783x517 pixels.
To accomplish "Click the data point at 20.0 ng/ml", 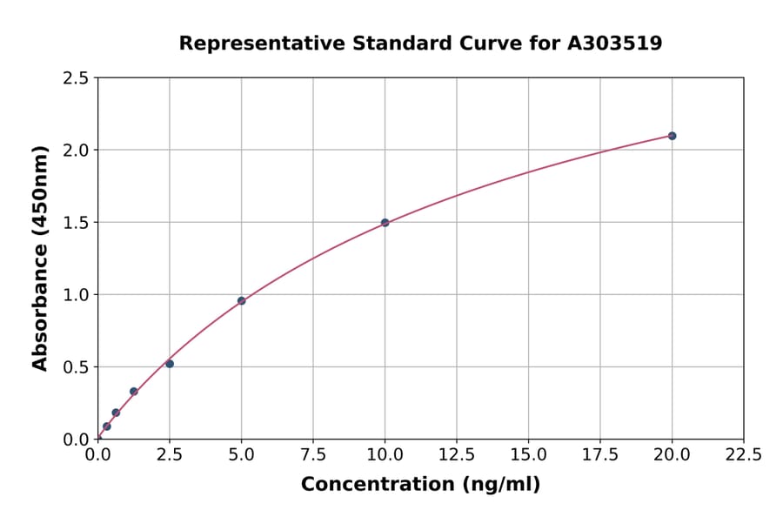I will (672, 136).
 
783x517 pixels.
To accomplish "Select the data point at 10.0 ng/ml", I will (385, 223).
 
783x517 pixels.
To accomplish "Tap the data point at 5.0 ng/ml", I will (242, 301).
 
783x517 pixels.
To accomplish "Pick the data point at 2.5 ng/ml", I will (170, 364).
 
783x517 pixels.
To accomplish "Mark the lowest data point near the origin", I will (107, 426).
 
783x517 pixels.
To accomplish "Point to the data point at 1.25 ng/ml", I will (134, 392).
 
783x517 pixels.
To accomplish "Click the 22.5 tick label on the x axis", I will (743, 454).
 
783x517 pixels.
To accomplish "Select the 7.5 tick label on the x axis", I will (313, 454).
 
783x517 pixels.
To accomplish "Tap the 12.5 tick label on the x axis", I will (457, 454).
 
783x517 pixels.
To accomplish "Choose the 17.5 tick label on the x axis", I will (600, 454).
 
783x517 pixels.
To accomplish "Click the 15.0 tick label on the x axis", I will (528, 454).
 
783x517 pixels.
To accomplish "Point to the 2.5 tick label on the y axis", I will (76, 78).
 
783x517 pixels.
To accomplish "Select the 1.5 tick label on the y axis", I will (76, 223).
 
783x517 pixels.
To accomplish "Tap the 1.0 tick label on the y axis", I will (76, 295).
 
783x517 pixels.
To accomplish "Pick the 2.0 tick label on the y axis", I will (76, 151).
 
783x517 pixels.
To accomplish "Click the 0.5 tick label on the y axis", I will (76, 367).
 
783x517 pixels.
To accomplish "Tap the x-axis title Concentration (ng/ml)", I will (420, 485).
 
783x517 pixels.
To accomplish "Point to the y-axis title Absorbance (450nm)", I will (40, 258).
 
